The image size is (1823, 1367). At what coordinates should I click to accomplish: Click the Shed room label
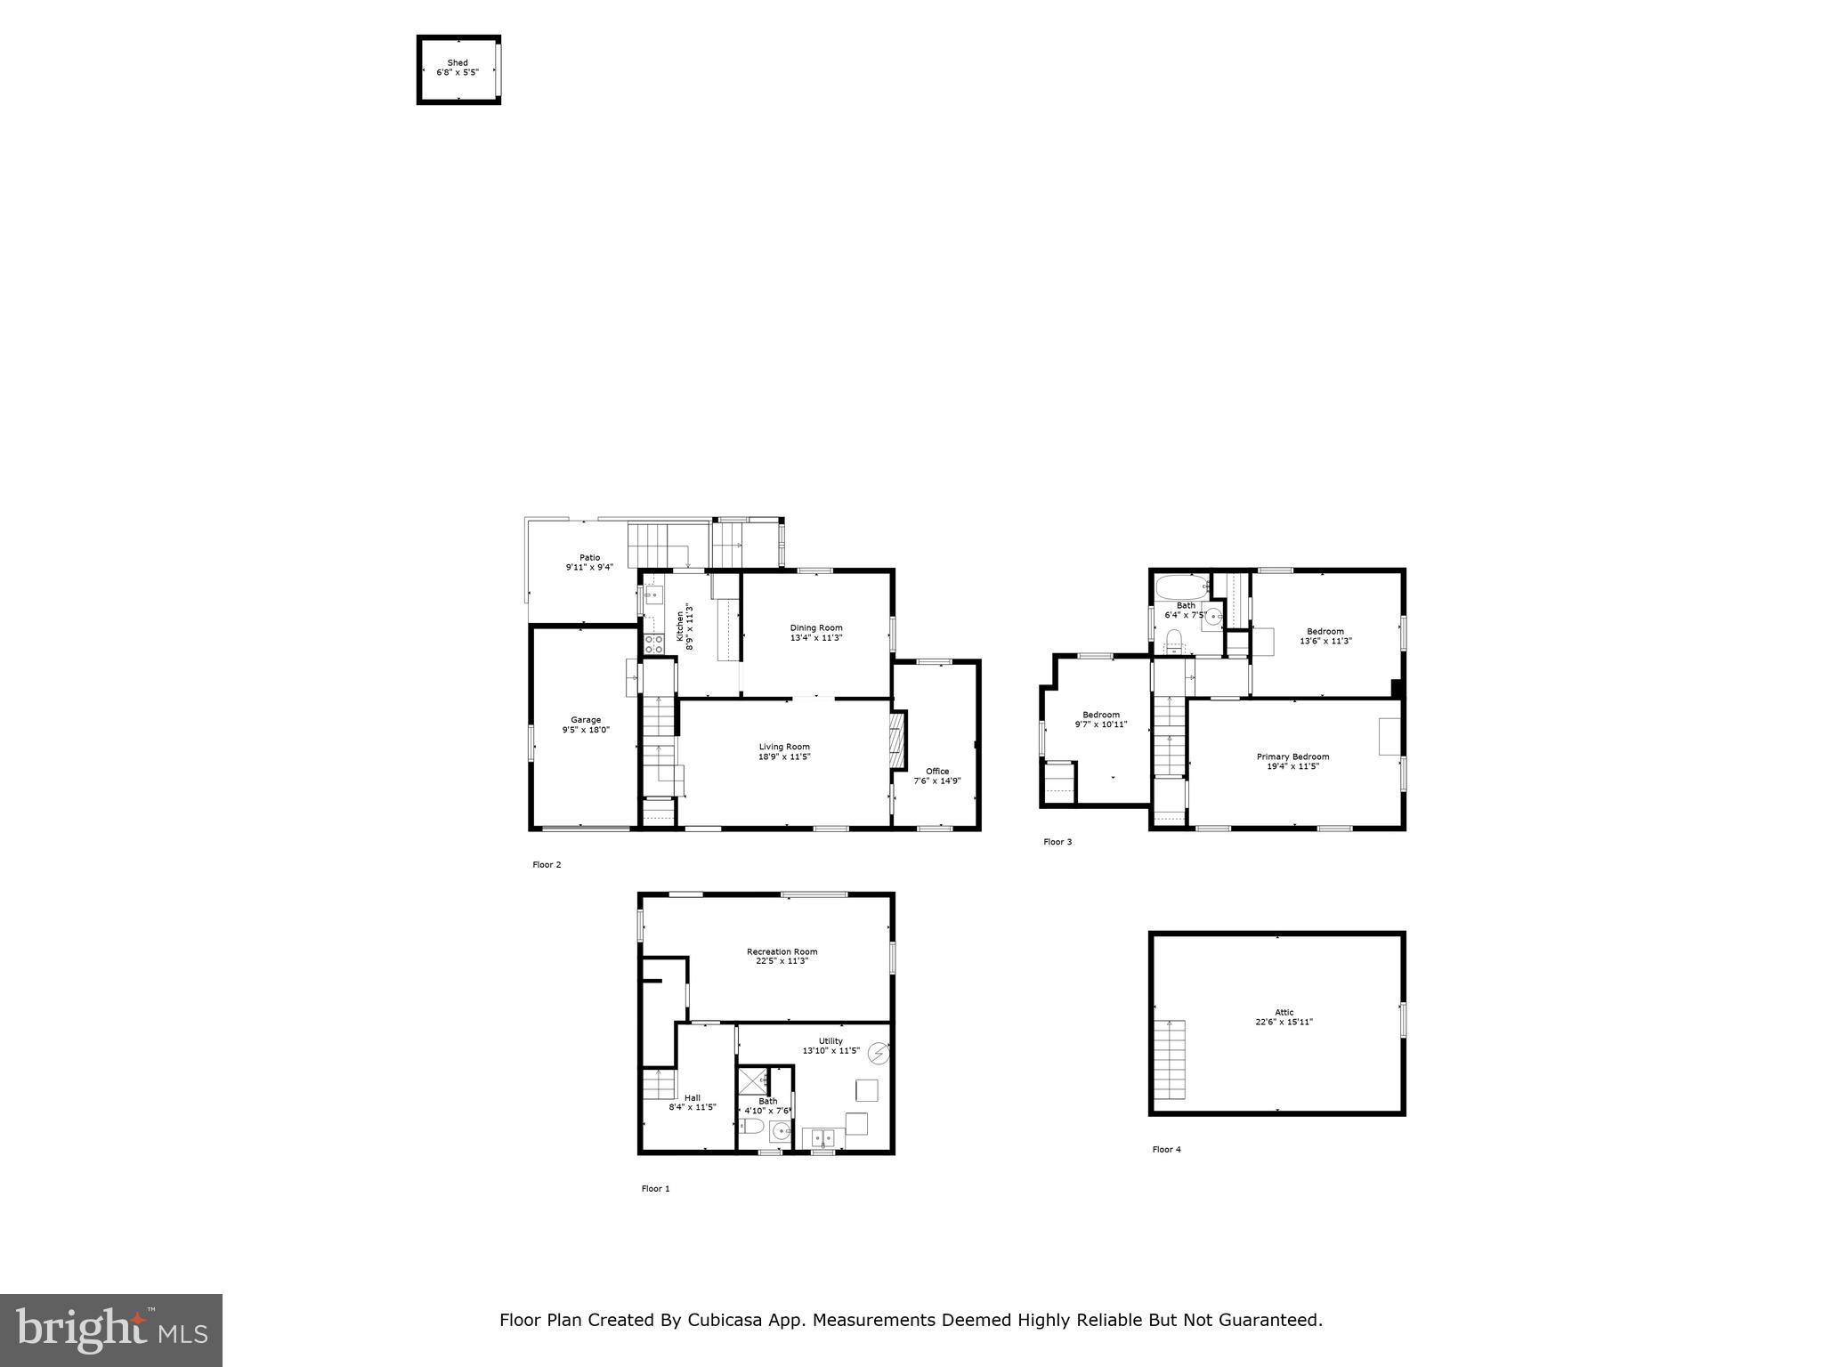[x=458, y=63]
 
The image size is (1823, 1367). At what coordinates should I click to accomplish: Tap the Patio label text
[x=589, y=558]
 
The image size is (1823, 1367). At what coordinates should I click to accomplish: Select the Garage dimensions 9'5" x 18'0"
[x=586, y=730]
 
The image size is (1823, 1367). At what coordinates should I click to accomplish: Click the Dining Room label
[x=815, y=628]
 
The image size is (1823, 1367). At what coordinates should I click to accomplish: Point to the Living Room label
[x=784, y=747]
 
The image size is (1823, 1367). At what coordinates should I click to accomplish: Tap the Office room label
[x=937, y=772]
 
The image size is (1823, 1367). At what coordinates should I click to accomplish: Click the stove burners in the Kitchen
[x=653, y=643]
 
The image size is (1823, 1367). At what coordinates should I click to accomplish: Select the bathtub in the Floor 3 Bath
[x=1181, y=586]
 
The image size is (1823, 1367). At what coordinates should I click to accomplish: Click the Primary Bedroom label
[x=1292, y=756]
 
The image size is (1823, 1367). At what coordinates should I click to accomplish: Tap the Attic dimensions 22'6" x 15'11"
[x=1284, y=1023]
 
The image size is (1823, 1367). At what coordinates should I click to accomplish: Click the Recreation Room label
[x=782, y=951]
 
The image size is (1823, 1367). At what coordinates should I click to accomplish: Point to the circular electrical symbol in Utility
[x=879, y=1054]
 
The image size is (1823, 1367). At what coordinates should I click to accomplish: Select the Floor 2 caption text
[x=547, y=864]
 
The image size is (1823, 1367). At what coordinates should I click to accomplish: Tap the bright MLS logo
[x=111, y=1330]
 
